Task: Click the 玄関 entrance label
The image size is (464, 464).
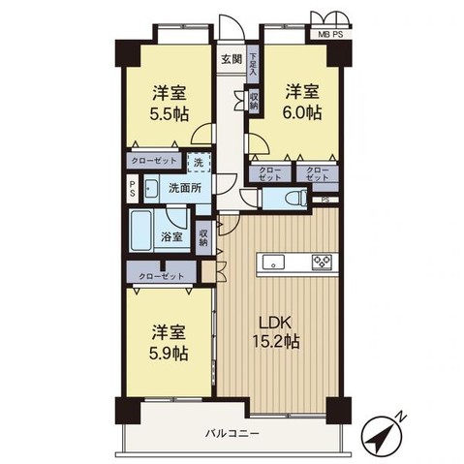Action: click(230, 58)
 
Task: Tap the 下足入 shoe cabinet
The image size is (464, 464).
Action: click(252, 64)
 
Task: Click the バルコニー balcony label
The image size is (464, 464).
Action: click(231, 434)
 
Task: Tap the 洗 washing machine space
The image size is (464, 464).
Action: click(198, 163)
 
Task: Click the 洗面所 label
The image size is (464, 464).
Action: click(185, 187)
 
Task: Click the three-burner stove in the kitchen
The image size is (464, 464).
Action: click(323, 262)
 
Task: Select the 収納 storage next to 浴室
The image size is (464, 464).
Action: click(204, 236)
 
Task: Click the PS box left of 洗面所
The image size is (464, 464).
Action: click(133, 189)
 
